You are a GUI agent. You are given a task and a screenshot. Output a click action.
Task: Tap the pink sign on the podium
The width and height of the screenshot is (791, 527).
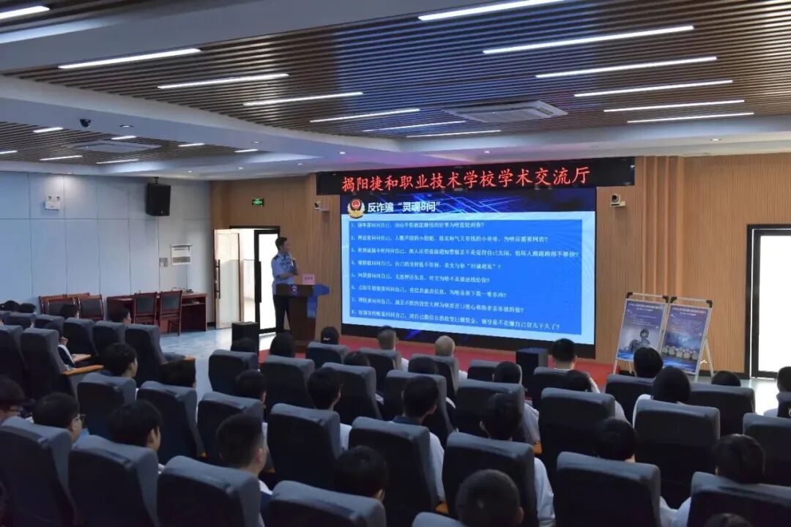pyautogui.click(x=308, y=279)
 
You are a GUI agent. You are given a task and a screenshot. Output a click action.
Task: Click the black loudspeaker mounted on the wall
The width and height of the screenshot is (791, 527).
pyautogui.click(x=157, y=199)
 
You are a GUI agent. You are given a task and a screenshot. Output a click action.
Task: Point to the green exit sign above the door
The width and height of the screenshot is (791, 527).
pyautogui.click(x=258, y=202)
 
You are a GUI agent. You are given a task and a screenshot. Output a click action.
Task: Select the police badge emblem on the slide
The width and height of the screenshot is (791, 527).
pyautogui.click(x=356, y=208)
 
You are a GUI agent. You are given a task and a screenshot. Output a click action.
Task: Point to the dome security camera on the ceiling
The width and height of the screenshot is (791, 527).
pyautogui.click(x=85, y=123)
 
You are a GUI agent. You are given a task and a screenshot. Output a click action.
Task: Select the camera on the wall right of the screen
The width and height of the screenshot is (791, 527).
pyautogui.click(x=617, y=200)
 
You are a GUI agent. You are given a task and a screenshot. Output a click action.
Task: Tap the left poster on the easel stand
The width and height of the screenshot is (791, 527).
pyautogui.click(x=640, y=330)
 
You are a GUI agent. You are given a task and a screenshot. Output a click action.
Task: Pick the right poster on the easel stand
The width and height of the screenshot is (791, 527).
pyautogui.click(x=685, y=336)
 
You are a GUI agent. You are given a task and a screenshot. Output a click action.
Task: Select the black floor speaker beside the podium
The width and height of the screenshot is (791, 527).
pyautogui.click(x=245, y=332)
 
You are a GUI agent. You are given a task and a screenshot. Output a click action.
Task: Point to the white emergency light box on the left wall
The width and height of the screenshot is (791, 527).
pyautogui.click(x=52, y=203)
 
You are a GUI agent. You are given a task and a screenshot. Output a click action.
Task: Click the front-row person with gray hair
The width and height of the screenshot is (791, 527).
pyautogui.click(x=445, y=345)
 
